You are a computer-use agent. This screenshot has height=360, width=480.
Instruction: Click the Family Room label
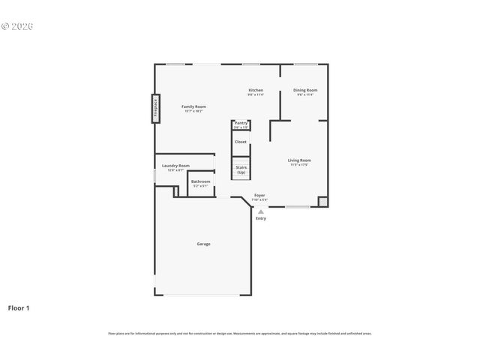(x=193, y=106)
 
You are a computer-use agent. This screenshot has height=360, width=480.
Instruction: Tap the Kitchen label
(x=256, y=90)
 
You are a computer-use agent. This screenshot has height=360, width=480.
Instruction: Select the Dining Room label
(x=304, y=90)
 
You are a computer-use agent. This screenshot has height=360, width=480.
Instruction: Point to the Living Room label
(x=299, y=160)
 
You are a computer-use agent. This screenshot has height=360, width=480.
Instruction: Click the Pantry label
(x=241, y=123)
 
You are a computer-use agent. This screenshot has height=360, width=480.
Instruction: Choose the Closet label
(x=241, y=142)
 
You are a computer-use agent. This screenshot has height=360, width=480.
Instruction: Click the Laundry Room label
(x=175, y=166)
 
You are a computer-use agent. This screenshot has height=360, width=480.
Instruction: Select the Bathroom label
(x=200, y=181)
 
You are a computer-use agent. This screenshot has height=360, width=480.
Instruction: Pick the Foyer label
(x=259, y=195)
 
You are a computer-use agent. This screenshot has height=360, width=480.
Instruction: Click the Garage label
(x=203, y=244)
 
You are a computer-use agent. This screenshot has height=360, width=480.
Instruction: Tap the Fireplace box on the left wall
(x=156, y=107)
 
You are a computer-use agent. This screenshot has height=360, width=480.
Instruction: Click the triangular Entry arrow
(x=261, y=211)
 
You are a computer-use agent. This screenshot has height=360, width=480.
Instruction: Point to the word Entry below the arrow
(x=261, y=218)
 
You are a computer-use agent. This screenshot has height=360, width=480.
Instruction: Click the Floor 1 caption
(x=19, y=307)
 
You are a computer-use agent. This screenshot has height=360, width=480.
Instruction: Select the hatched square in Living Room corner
(x=323, y=201)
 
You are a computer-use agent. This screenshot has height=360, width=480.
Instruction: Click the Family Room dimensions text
(x=193, y=111)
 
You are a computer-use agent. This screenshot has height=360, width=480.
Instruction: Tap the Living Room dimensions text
(x=299, y=164)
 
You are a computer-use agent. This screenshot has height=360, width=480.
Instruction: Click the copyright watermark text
(x=17, y=25)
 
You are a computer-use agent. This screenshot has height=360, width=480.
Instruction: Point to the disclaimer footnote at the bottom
(x=240, y=334)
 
